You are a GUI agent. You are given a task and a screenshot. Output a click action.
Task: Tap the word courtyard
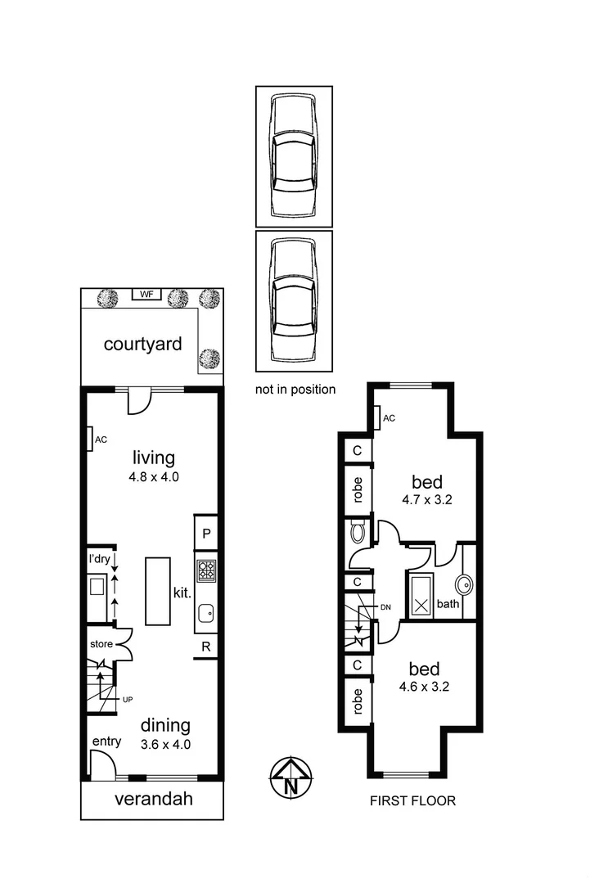pos(142,344)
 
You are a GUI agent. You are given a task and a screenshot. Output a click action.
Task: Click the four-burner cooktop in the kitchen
pos(206,570)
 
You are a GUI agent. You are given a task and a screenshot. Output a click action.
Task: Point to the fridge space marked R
pos(206,647)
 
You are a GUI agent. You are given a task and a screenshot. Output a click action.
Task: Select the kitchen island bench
pos(158,591)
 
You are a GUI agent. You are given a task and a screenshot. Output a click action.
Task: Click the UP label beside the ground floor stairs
pos(127,700)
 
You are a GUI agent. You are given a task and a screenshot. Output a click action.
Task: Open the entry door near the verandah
pos(101,767)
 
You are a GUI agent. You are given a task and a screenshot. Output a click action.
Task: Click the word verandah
pos(153,799)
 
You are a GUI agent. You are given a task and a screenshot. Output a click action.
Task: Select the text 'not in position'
pos(295,390)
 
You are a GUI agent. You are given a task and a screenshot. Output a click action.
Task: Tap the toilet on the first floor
pos(358,534)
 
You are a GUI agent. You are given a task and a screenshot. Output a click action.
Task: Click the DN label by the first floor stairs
pos(387,607)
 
